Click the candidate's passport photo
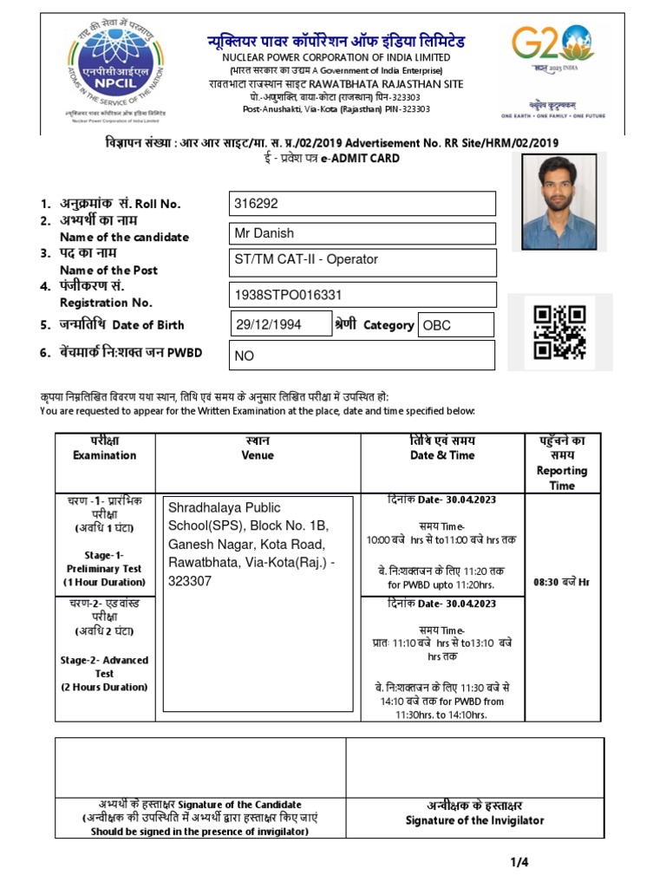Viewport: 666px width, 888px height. (559, 202)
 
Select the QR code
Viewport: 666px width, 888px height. (559, 332)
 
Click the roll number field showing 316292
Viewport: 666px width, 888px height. (362, 204)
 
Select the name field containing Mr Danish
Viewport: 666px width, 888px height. (362, 233)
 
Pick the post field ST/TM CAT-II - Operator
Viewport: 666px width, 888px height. (362, 262)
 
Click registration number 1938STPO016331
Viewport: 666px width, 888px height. (362, 295)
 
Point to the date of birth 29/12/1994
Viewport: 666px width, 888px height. (280, 324)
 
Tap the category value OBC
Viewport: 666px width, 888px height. (455, 325)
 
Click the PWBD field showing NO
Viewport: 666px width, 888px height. (362, 356)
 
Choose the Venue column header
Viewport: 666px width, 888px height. (258, 455)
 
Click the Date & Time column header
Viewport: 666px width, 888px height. (442, 455)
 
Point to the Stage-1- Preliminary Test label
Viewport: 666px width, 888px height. (105, 568)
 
